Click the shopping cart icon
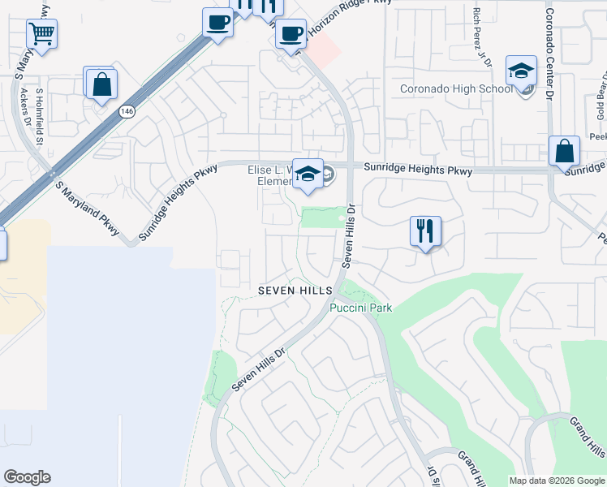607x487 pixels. click(41, 35)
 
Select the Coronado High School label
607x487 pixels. click(456, 89)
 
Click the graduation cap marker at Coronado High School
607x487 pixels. click(521, 71)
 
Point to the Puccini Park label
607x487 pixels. click(360, 308)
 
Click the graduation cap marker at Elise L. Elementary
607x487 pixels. click(308, 174)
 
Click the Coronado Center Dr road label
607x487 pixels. click(549, 54)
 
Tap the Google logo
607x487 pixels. click(27, 477)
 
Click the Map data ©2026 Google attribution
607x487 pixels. click(556, 481)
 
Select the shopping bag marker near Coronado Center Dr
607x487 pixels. click(564, 151)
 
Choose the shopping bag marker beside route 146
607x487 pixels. click(101, 84)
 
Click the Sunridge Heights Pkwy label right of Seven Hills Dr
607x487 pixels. click(418, 170)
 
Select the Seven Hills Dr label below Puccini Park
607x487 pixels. click(260, 370)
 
